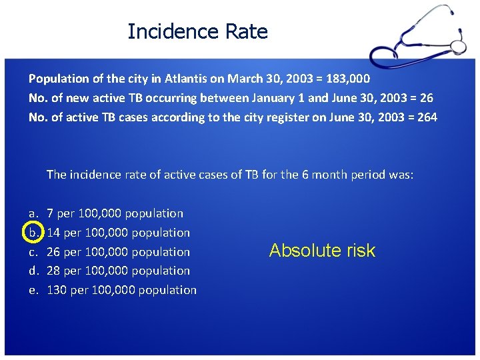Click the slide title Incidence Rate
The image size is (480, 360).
[197, 31]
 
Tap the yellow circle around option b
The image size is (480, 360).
[33, 233]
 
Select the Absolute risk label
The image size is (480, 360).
[322, 251]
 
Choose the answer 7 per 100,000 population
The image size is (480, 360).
[115, 213]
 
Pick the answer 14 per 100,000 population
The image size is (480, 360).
[118, 233]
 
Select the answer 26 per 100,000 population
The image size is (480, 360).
[118, 252]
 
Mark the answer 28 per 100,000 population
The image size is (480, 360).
[118, 271]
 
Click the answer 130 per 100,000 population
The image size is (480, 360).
[121, 290]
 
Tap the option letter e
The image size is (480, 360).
[33, 290]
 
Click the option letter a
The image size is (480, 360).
[33, 213]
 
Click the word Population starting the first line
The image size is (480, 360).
[59, 79]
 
